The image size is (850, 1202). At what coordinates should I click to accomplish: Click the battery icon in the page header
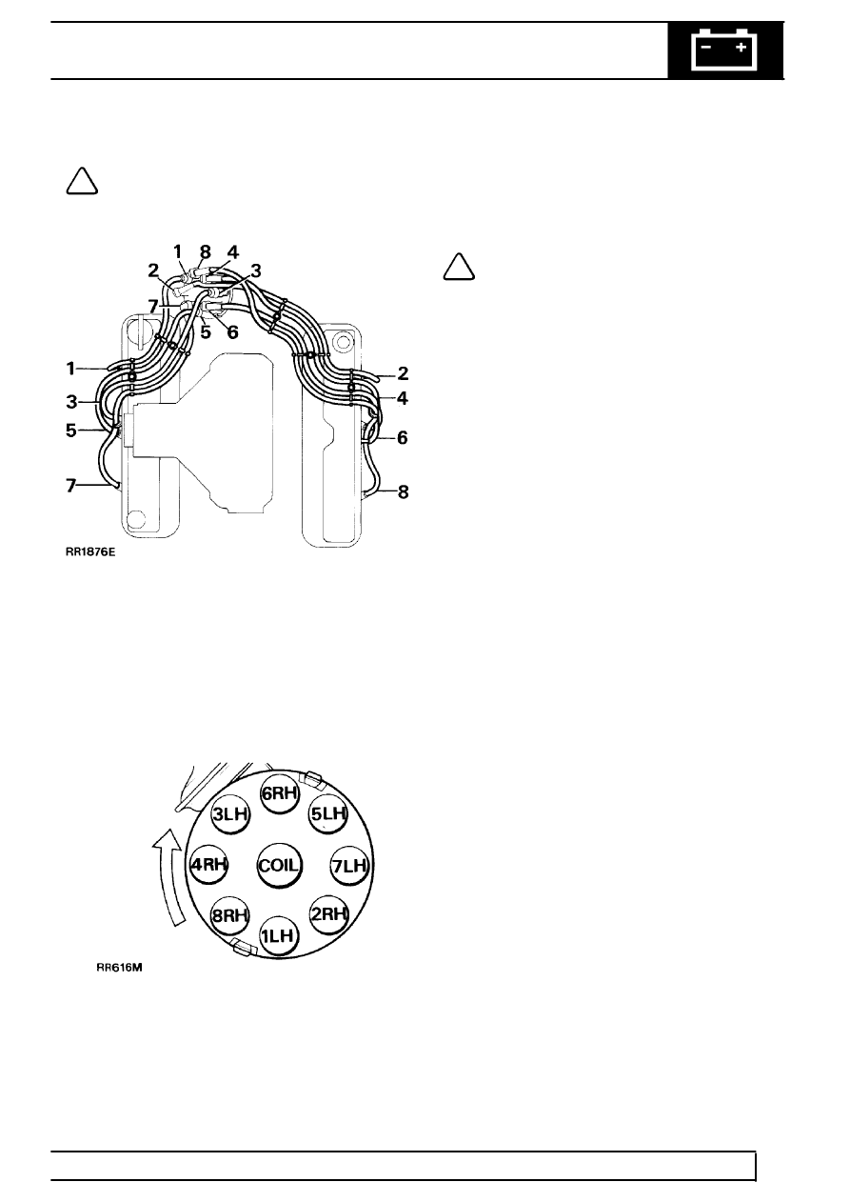[x=724, y=50]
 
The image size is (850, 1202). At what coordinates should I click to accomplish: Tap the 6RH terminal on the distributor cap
[x=280, y=793]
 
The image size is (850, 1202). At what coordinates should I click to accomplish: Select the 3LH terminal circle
[x=230, y=814]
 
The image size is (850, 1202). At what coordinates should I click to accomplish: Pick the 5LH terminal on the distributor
[x=328, y=814]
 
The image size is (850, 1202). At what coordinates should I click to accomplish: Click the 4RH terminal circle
[x=209, y=865]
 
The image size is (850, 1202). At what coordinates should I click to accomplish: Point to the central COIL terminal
[x=280, y=866]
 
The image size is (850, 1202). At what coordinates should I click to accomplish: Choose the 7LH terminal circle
[x=349, y=866]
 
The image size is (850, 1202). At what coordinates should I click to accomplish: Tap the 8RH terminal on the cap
[x=230, y=915]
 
